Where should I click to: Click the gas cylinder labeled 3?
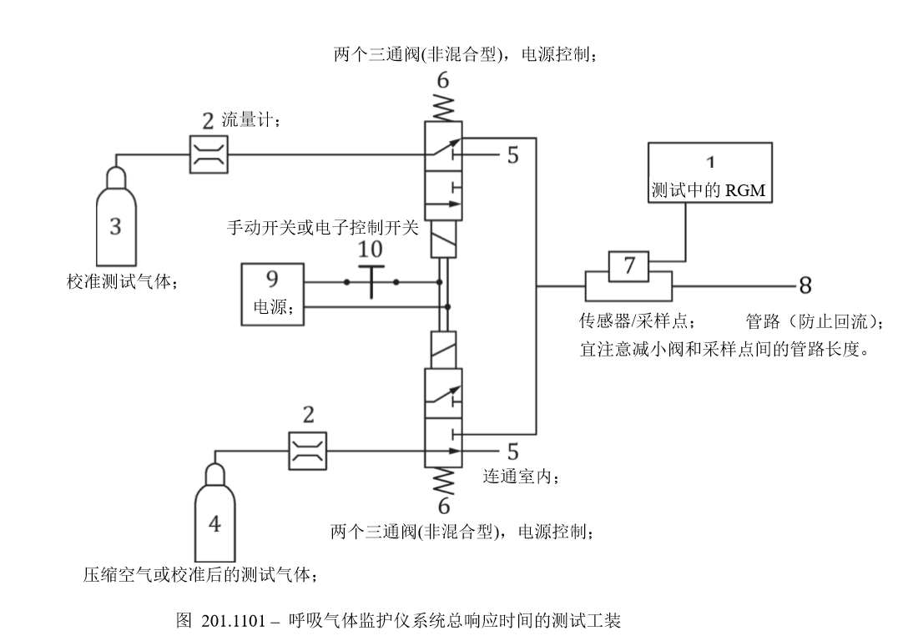click(116, 225)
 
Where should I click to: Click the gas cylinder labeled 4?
click(215, 522)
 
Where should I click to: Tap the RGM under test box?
click(710, 174)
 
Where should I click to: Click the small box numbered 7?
click(630, 266)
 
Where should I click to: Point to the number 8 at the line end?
click(805, 286)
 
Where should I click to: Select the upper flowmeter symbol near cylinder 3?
click(208, 155)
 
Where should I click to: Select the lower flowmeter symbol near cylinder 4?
click(306, 452)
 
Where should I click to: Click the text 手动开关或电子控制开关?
click(322, 228)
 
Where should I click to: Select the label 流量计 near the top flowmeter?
click(251, 120)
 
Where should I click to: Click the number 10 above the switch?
click(371, 249)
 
